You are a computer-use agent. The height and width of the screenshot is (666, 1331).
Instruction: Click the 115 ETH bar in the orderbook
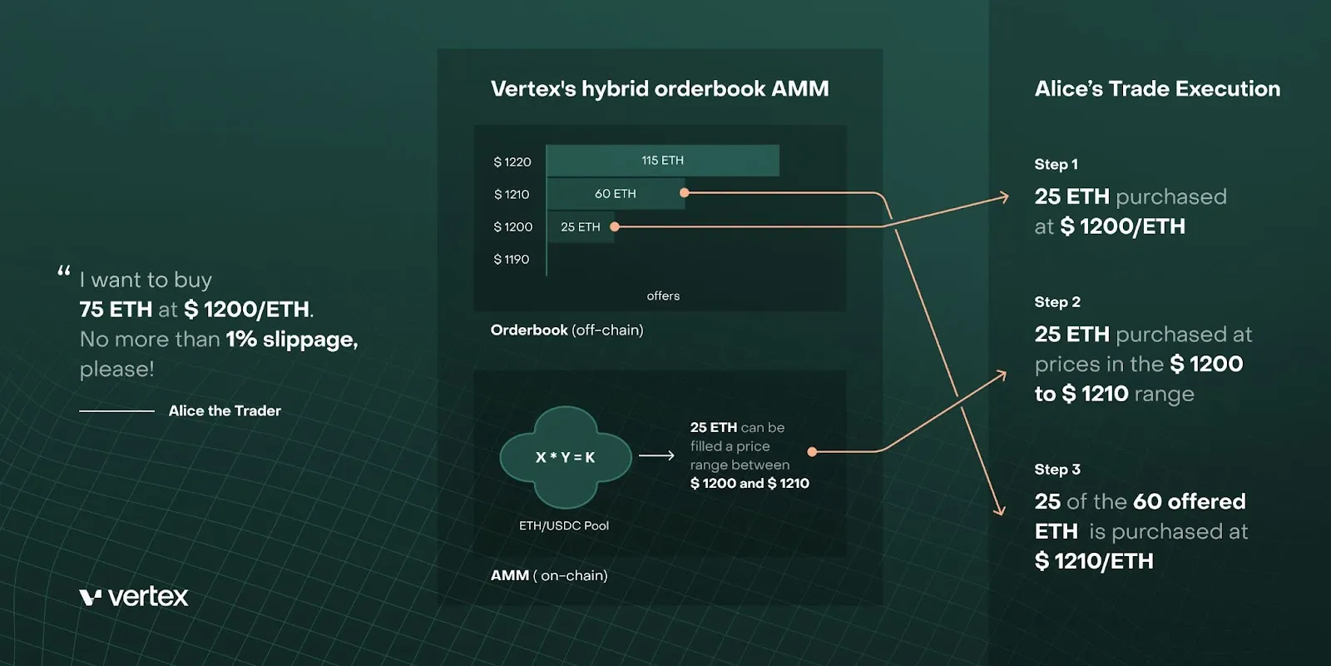tap(662, 161)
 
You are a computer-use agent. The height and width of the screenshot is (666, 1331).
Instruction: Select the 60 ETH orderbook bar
tap(615, 194)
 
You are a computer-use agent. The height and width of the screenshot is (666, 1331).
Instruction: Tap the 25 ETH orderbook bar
tap(580, 226)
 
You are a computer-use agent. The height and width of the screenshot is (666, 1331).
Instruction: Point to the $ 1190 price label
tap(512, 260)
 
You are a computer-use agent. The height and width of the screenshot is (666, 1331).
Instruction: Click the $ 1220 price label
tap(512, 162)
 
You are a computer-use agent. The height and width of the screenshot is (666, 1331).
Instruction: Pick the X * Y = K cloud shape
tap(565, 457)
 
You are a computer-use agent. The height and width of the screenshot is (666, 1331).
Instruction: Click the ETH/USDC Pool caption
tap(564, 525)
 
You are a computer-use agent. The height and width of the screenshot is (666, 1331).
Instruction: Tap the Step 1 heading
tap(1056, 165)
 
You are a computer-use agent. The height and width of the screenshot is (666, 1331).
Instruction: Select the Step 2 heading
tap(1057, 302)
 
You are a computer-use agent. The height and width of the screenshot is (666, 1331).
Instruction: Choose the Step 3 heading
tap(1057, 470)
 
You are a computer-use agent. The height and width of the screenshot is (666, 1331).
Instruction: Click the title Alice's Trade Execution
tap(1157, 89)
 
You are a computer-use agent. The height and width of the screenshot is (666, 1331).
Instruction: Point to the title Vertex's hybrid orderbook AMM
tap(660, 89)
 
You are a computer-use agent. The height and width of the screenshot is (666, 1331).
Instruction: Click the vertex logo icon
tap(90, 597)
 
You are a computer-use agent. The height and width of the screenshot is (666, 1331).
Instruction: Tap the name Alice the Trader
tap(225, 410)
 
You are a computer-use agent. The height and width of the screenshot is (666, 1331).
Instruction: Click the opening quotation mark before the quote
tap(64, 271)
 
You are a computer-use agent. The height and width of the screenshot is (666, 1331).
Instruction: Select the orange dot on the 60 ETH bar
tap(684, 193)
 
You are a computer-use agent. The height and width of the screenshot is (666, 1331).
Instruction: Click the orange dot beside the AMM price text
tap(812, 452)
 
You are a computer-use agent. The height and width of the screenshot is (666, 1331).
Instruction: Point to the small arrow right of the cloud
tap(656, 455)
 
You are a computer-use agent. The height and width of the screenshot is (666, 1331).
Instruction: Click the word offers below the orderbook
tap(663, 296)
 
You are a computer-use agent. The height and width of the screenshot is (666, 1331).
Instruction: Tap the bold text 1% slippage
tap(291, 340)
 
